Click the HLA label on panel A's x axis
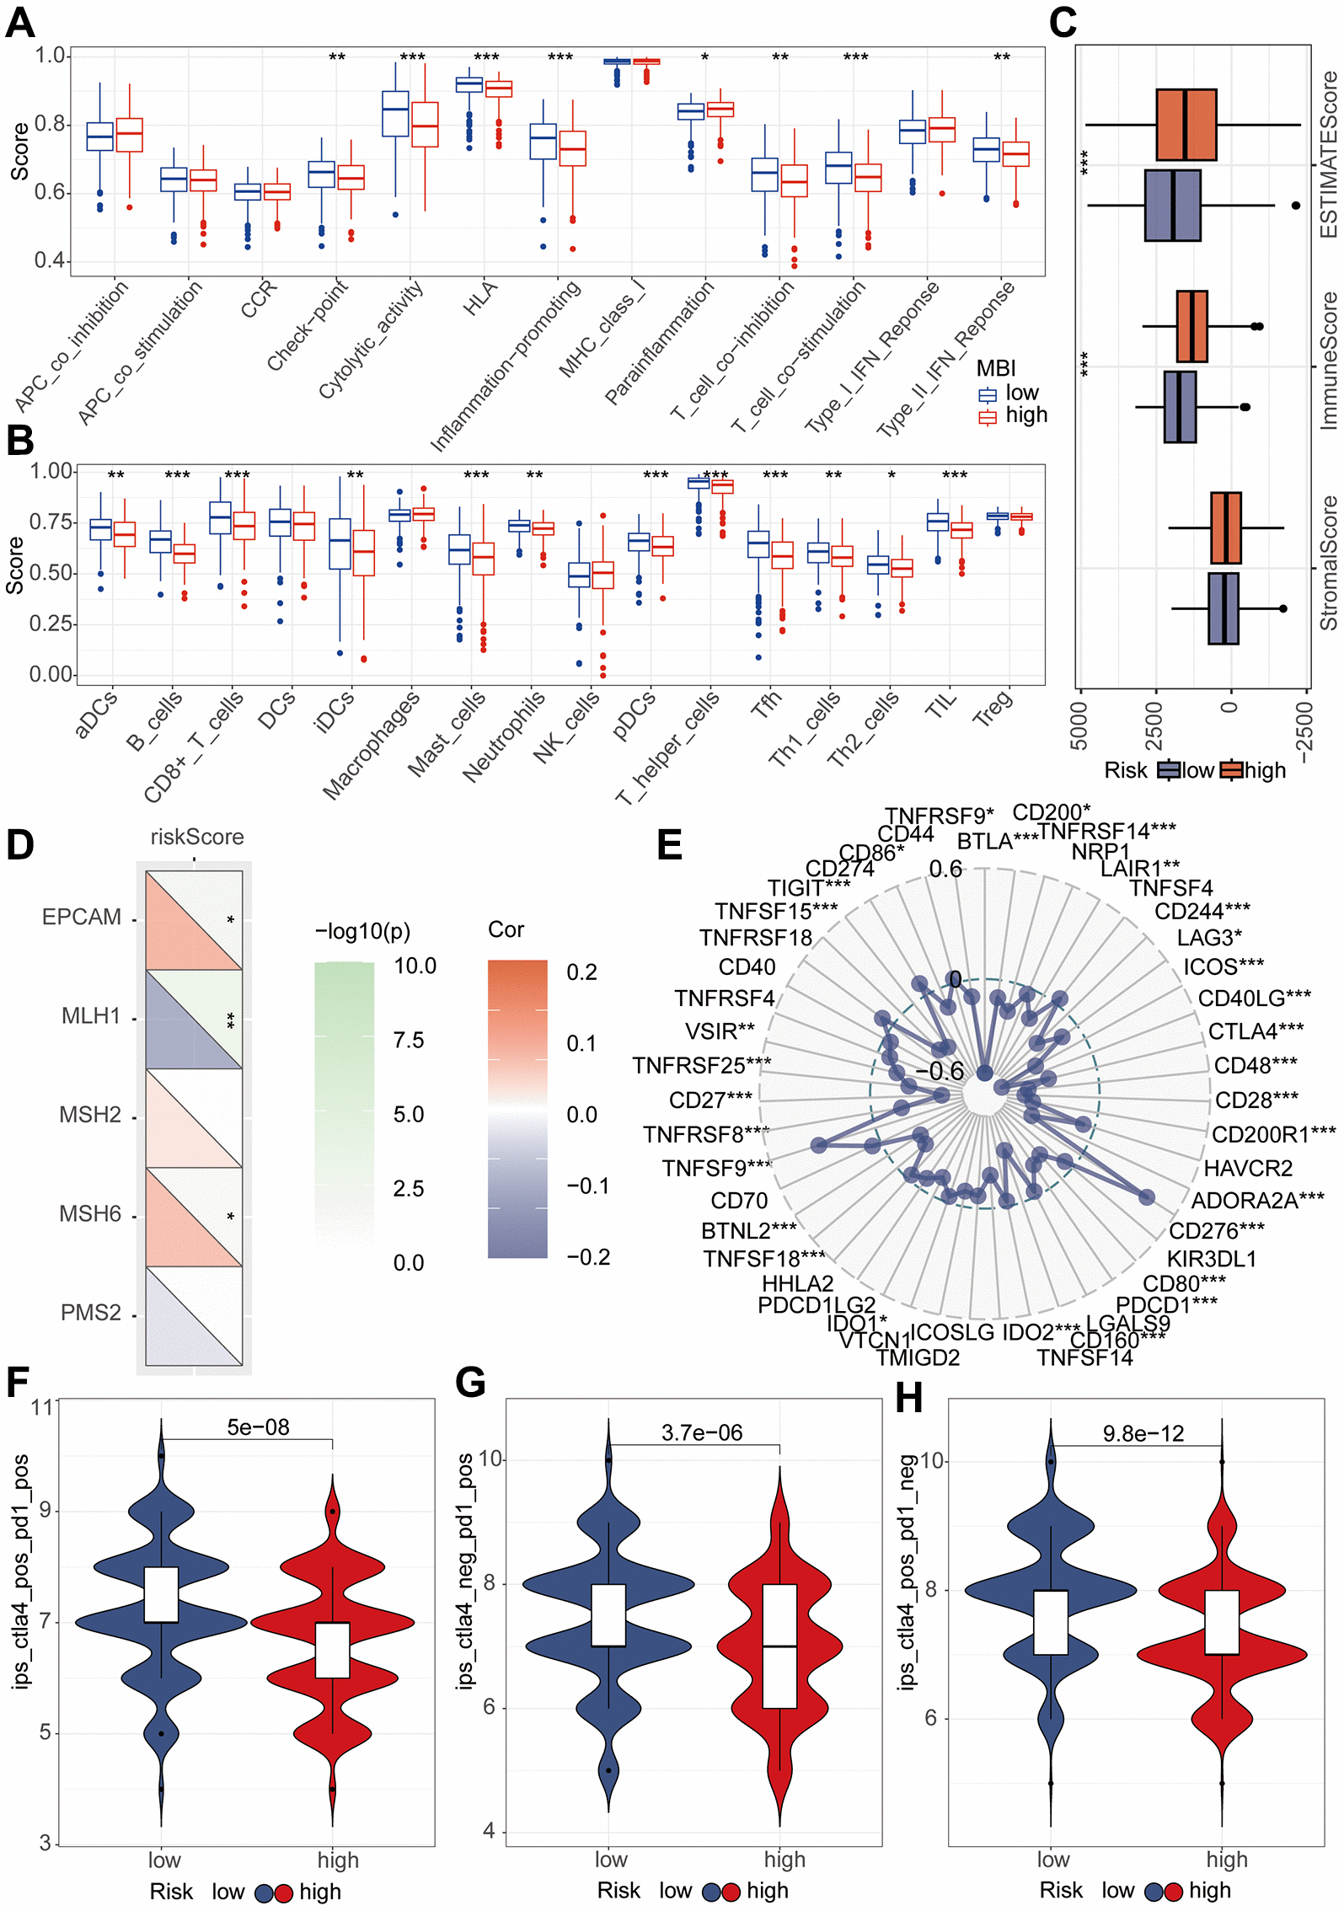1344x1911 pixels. (480, 298)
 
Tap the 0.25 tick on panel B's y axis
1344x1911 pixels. (51, 624)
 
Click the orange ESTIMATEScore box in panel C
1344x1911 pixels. (1186, 125)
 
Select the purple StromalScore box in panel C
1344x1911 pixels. (1223, 608)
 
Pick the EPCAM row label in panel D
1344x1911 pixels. (82, 917)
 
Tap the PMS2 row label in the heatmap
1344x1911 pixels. (91, 1313)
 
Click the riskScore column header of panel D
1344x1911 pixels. (196, 837)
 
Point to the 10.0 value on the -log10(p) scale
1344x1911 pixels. (415, 966)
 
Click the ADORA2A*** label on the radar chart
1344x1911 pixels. (1257, 1200)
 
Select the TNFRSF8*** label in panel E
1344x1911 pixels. (706, 1135)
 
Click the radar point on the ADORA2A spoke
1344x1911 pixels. (1146, 1197)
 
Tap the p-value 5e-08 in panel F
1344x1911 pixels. (258, 1427)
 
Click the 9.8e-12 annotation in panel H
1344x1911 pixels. (1143, 1433)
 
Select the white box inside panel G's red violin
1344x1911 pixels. (779, 1646)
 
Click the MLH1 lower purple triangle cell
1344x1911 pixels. (177, 1041)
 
